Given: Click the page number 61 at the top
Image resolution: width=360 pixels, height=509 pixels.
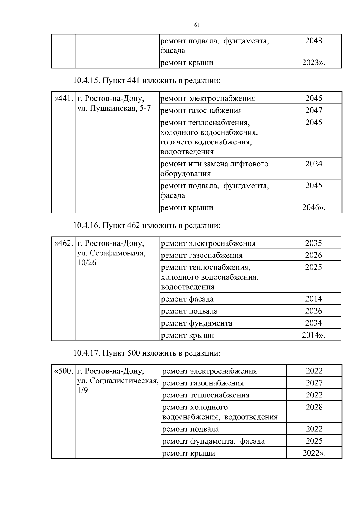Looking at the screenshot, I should pos(197,25).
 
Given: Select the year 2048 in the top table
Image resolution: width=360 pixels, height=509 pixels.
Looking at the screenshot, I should pos(313,41).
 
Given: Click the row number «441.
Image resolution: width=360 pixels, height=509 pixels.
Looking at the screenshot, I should pos(63,98).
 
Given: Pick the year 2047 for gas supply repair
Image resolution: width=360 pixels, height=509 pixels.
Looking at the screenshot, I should pos(314,110).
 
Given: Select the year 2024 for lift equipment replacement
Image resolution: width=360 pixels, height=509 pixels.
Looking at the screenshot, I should pos(314,164).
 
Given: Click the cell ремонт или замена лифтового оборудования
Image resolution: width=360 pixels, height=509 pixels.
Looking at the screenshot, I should pos(214,168).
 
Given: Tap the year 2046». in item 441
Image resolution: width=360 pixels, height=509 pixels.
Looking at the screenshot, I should pos(314,207).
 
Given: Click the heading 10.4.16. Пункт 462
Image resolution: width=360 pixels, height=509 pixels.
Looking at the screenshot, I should pos(147,225).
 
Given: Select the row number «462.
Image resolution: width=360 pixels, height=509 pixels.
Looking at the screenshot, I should pos(63,243).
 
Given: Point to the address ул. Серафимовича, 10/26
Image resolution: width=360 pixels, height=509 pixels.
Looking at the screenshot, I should pos(111,258).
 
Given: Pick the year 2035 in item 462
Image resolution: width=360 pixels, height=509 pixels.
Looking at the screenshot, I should pos(313,243).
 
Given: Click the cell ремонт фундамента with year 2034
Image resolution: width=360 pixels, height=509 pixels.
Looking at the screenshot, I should pos(197,323).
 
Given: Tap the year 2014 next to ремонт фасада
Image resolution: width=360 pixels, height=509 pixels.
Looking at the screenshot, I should pos(313,299).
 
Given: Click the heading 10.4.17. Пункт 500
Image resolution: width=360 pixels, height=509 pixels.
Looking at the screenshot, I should pos(147,353).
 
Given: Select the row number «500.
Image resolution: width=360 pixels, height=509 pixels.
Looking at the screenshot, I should pos(63,371).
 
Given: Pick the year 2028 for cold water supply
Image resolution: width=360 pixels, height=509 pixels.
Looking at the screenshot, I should pos(314,407).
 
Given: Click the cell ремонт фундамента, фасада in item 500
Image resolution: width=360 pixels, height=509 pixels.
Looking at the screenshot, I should pos(214,441).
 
